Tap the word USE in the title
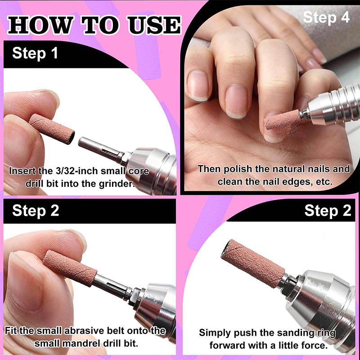pos(154,25)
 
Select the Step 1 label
pos(35,53)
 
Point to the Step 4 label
pos(326,18)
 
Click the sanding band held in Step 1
pos(52,129)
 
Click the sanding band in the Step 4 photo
pos(283,120)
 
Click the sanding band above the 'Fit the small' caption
pos(70,268)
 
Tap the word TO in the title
pos(100,25)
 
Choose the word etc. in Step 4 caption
pos(324,182)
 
